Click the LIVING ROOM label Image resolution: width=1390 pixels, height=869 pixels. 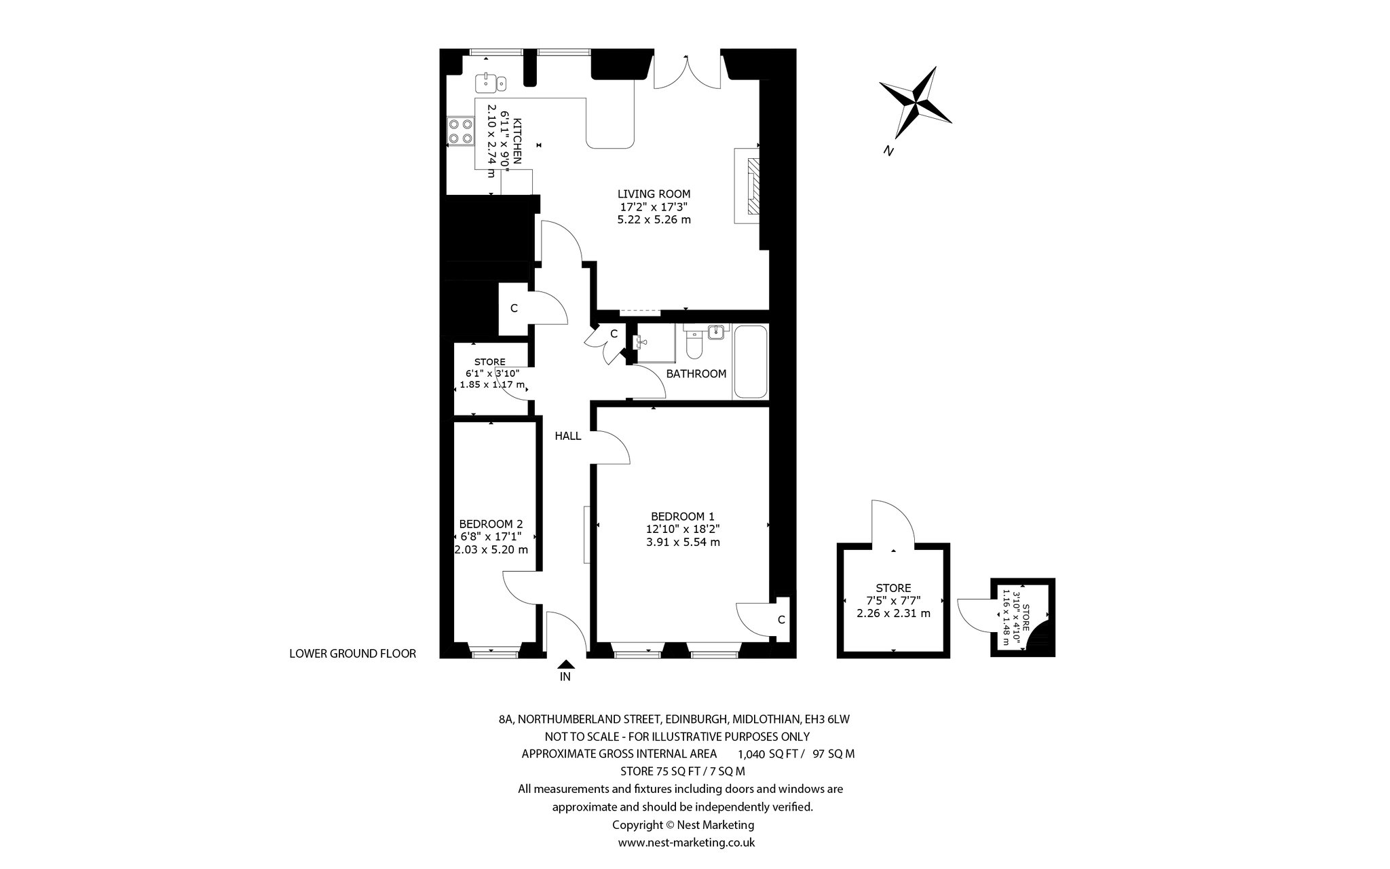pos(654,194)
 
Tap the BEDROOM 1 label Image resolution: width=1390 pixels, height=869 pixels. pos(682,516)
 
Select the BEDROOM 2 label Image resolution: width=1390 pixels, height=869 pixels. pos(491,524)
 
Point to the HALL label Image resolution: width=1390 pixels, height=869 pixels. pos(568,437)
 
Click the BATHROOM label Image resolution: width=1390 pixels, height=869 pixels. pos(696,374)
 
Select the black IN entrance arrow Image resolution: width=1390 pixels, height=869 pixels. pos(565,665)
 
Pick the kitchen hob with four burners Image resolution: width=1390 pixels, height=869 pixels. pos(460,131)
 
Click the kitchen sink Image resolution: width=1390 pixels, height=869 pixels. pos(491,83)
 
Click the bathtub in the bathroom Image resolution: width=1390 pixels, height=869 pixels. pos(750,363)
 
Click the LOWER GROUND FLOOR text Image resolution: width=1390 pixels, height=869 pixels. pos(352,654)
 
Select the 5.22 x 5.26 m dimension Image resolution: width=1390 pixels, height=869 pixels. pos(654,220)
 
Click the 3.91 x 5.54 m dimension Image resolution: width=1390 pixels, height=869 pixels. pos(682,542)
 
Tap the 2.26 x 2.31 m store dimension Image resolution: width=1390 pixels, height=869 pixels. pos(893,614)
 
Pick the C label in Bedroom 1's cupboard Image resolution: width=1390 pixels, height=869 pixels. pos(781,620)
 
